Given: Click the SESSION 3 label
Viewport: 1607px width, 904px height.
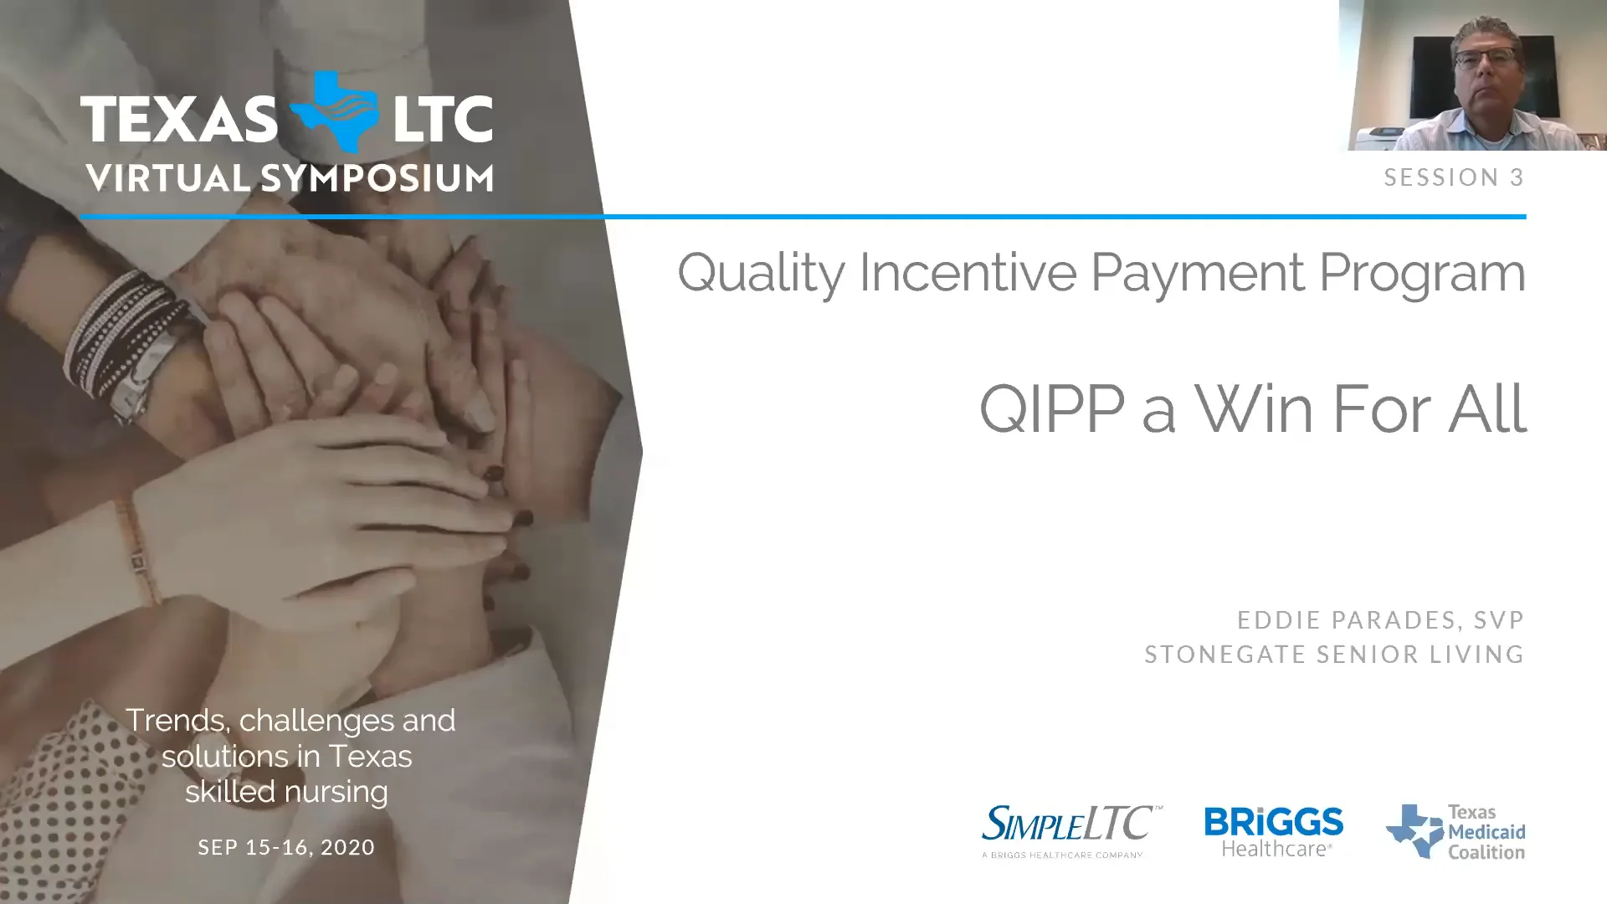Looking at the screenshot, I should [x=1454, y=177].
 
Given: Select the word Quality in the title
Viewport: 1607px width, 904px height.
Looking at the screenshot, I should [x=761, y=273].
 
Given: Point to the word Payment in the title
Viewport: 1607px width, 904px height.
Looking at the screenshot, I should [x=1197, y=273].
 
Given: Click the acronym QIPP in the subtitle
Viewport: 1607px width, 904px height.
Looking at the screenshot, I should [x=1051, y=409].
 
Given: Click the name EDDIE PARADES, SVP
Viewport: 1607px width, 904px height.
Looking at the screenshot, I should [x=1380, y=620].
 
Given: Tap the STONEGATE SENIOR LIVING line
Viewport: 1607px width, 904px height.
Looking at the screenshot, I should [x=1334, y=654].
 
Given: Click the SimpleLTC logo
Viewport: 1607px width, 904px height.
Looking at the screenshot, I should [x=1070, y=830].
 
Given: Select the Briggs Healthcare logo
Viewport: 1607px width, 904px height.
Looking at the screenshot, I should [x=1273, y=831].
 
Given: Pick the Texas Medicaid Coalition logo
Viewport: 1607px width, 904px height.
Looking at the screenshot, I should [x=1456, y=831].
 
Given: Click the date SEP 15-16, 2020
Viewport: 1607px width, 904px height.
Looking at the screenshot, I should [x=286, y=847].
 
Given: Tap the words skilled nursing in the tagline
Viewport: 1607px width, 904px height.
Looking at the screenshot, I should [x=286, y=792].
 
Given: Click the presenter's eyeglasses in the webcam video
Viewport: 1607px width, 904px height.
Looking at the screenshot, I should [x=1485, y=59].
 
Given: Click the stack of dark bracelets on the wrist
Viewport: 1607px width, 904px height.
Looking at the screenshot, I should [x=126, y=335].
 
